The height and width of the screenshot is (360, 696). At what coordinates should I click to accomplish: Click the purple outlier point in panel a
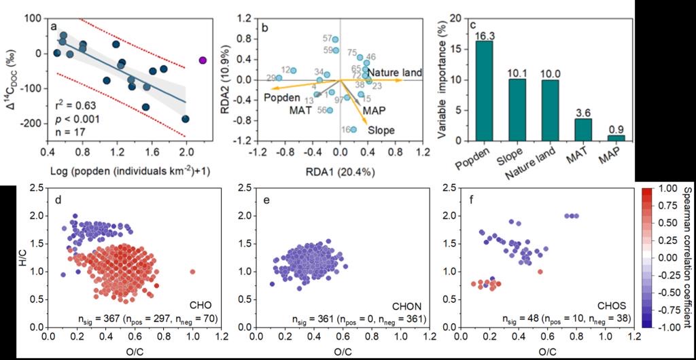tap(202, 60)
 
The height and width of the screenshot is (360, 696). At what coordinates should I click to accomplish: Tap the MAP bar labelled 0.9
tap(616, 138)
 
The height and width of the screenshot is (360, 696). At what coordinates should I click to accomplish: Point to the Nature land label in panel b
tap(396, 72)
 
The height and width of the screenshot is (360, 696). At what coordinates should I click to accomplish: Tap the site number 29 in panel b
tap(271, 78)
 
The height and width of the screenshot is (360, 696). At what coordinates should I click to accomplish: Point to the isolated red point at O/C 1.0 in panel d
tap(192, 271)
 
